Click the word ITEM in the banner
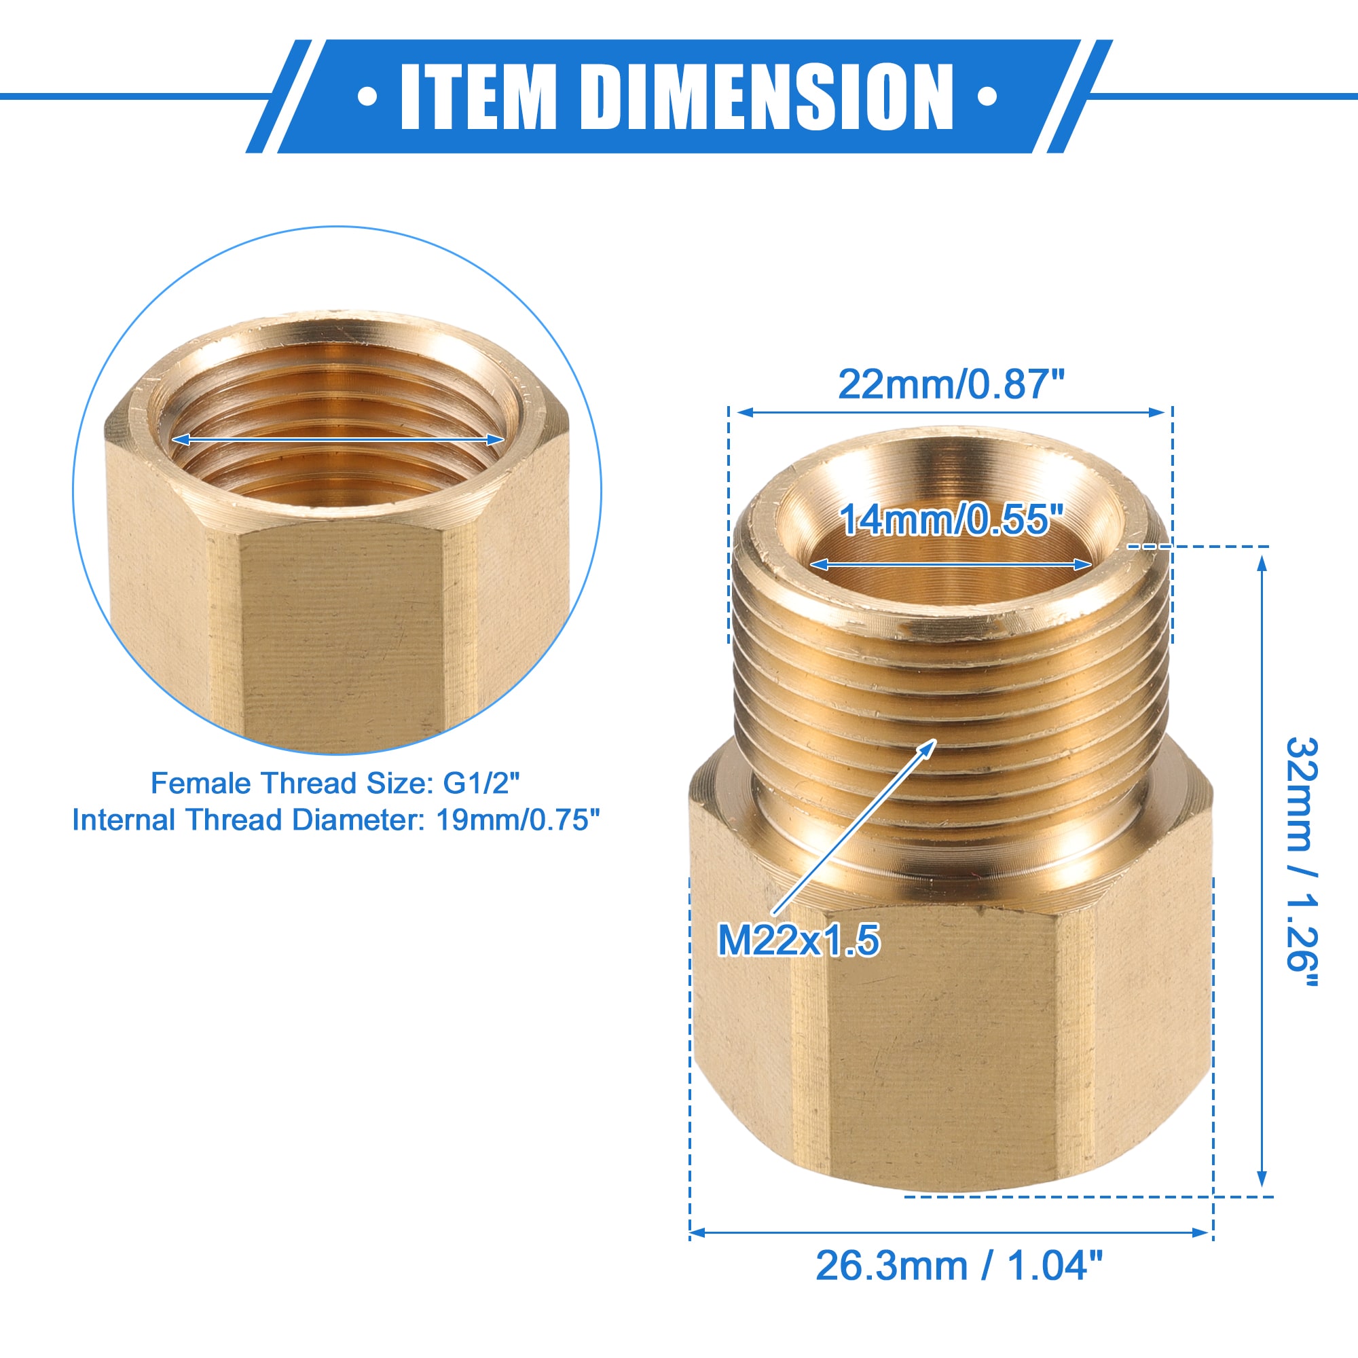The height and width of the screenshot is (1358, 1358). tap(477, 96)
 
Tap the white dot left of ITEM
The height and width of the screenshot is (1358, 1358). tap(367, 96)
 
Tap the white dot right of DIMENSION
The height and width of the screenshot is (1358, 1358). tap(987, 96)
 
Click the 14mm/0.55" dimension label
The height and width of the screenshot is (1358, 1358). tap(950, 520)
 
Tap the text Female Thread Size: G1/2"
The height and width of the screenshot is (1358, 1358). tap(335, 783)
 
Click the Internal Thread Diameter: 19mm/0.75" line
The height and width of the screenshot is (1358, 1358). tap(336, 820)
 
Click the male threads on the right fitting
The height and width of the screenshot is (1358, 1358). tap(949, 689)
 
